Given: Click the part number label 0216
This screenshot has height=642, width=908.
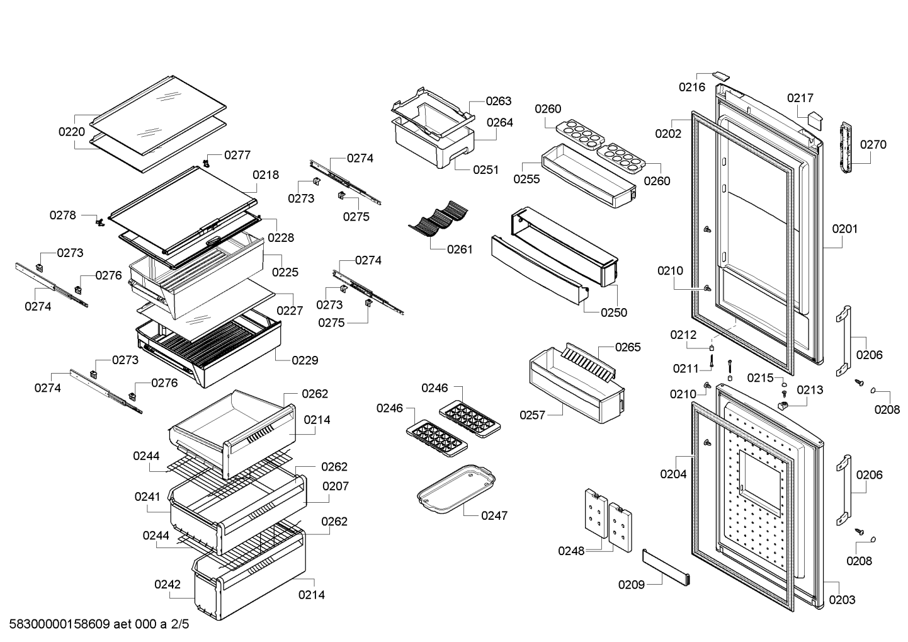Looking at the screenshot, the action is (x=692, y=87).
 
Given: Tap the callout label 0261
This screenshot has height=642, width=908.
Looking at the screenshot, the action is (x=460, y=249).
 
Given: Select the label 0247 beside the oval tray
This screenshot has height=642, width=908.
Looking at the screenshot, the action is (x=494, y=515).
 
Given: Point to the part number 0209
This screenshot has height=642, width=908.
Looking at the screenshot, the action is (x=631, y=585).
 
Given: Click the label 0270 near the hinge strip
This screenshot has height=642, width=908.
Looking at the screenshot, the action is (x=873, y=144).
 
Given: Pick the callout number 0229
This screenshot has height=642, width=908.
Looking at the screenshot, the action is (x=305, y=360).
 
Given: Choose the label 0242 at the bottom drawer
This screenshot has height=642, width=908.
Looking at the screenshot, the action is (x=167, y=585).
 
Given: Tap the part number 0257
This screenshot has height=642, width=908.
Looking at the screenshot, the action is (x=533, y=415).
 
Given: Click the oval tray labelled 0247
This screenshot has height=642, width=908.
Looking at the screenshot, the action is (x=456, y=489).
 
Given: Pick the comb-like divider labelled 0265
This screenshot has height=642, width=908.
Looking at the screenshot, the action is (x=587, y=362).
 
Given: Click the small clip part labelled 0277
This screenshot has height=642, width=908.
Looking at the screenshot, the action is (x=207, y=163).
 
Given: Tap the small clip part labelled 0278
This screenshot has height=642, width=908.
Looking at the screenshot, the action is (x=100, y=222).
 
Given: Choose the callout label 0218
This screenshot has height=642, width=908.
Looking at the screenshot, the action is (x=266, y=175).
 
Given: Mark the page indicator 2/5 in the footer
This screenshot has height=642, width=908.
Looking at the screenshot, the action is (x=179, y=624).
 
